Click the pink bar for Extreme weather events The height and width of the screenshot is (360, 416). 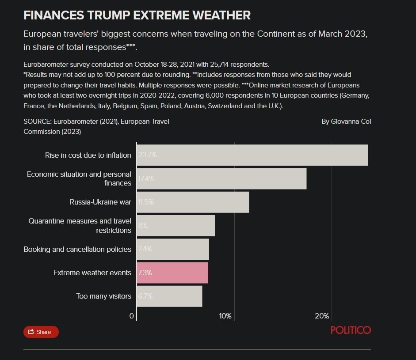[x=172, y=273]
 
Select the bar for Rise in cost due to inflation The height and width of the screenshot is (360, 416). [x=252, y=155]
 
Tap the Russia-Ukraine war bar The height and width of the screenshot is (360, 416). [x=193, y=202]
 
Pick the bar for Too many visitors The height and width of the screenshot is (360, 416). [x=169, y=296]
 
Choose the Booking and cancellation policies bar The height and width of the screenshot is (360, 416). [x=173, y=249]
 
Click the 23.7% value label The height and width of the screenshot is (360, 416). [x=147, y=155]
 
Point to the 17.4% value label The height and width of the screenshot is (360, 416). [x=146, y=178]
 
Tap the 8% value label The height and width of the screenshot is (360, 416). [x=143, y=225]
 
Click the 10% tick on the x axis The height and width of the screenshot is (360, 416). [x=225, y=316]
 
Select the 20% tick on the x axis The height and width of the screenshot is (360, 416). [x=322, y=316]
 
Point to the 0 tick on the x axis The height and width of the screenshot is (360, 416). [x=131, y=316]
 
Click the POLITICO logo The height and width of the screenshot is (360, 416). [x=351, y=330]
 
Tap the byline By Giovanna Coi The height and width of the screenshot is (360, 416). [x=346, y=121]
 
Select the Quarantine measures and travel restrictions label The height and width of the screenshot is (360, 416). [x=80, y=225]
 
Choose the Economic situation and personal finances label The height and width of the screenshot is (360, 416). [x=79, y=178]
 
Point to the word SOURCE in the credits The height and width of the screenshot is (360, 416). [x=37, y=121]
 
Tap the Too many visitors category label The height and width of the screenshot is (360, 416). [x=104, y=296]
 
